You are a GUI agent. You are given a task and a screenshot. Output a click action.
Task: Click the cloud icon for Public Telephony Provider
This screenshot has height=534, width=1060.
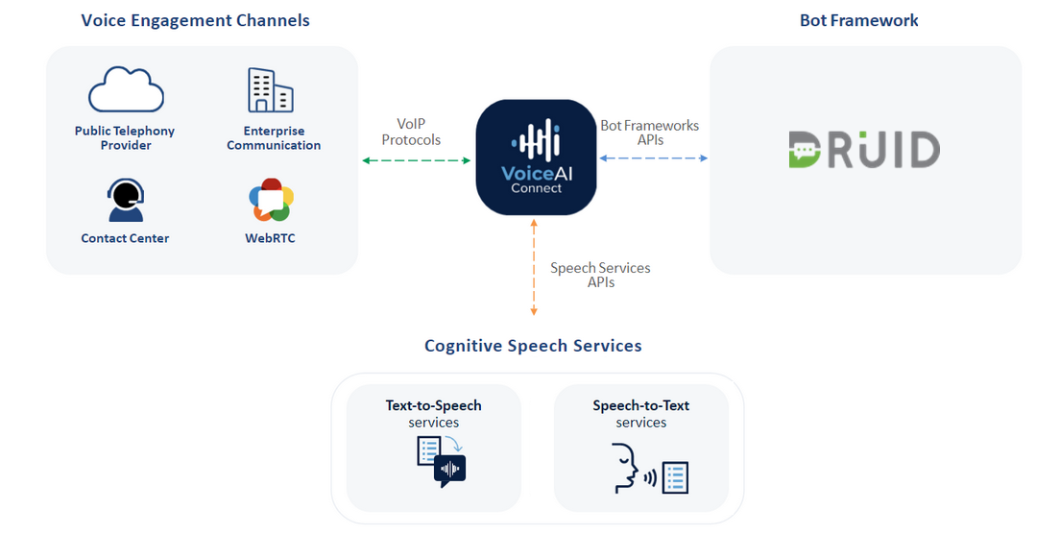click(x=126, y=91)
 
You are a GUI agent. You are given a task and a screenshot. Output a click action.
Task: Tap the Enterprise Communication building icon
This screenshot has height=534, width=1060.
click(x=270, y=90)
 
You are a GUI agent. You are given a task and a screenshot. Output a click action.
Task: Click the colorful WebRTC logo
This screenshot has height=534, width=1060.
click(x=270, y=200)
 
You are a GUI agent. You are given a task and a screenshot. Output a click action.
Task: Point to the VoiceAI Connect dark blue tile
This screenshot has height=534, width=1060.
click(x=536, y=157)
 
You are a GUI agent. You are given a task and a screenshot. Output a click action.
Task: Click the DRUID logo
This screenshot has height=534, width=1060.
click(x=864, y=151)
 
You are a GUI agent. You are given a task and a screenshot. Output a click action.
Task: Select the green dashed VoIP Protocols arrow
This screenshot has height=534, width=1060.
click(x=417, y=160)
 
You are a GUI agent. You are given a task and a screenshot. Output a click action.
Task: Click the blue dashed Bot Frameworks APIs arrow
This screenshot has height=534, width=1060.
click(x=653, y=158)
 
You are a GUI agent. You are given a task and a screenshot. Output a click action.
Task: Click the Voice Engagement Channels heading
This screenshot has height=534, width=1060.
click(x=195, y=20)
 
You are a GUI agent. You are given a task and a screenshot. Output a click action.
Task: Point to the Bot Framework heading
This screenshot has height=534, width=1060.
click(x=858, y=20)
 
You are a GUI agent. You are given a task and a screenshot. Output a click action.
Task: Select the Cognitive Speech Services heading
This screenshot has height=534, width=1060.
click(x=533, y=346)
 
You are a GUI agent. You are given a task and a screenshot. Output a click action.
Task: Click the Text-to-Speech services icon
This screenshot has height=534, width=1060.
click(x=441, y=461)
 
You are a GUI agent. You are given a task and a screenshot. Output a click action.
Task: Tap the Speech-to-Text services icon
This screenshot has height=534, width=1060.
click(x=651, y=468)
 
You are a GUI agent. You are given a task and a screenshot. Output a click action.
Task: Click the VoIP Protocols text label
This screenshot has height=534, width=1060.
click(x=411, y=133)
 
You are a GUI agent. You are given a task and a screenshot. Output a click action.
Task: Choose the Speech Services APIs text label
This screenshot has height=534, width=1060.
click(x=600, y=275)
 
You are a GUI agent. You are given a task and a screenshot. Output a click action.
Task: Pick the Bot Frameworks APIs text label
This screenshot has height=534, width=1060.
click(x=650, y=133)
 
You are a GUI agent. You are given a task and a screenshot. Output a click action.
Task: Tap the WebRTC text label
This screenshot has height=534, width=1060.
click(x=270, y=238)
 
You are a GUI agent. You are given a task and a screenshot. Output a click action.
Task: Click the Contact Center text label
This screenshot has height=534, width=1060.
click(x=125, y=238)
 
